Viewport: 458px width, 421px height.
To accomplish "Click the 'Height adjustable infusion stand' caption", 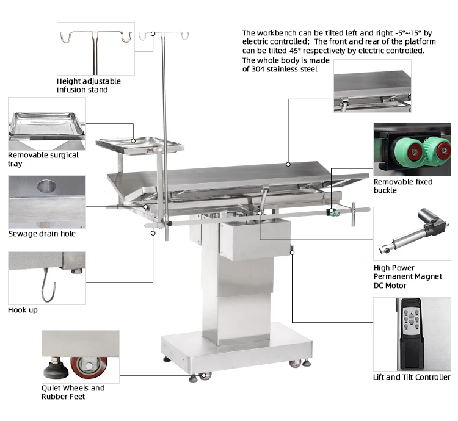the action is click(89, 85).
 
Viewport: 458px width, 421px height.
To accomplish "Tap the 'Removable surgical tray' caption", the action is click(43, 159).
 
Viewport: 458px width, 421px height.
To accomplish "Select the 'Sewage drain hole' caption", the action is click(42, 234).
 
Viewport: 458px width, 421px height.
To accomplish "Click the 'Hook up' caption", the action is click(23, 310).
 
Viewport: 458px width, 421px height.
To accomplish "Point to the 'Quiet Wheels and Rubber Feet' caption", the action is click(73, 392).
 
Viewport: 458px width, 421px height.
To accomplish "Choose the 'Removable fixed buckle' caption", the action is click(403, 186).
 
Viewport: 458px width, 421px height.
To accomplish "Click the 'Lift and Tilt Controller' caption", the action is click(412, 377).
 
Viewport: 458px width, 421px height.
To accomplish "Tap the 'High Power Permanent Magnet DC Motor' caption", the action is click(408, 276).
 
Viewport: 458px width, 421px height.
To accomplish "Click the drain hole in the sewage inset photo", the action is click(46, 186).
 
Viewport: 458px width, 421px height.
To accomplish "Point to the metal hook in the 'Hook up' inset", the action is click(48, 286).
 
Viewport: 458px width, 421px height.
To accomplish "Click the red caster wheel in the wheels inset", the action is click(89, 367).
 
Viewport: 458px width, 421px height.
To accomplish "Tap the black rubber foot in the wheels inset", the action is click(56, 369).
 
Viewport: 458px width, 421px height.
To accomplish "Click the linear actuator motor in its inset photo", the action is click(413, 231).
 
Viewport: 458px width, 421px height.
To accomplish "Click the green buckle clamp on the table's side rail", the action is click(333, 212).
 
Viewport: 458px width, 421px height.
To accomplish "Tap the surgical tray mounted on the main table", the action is click(140, 144).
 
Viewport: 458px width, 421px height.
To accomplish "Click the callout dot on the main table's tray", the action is click(133, 141).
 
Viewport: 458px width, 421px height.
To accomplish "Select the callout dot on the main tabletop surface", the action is click(288, 164).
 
